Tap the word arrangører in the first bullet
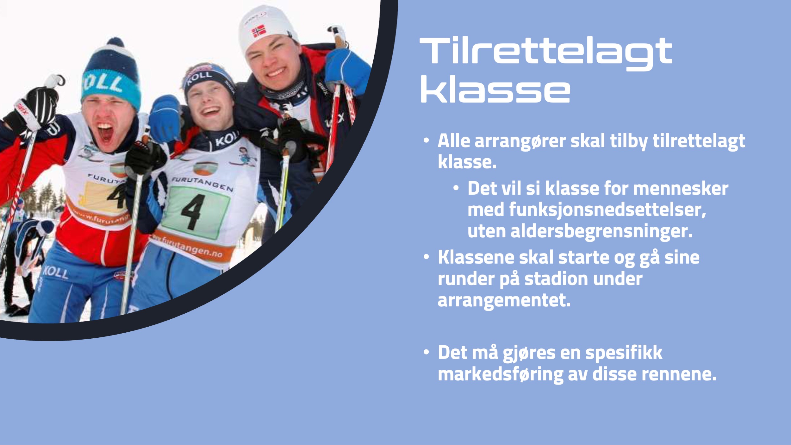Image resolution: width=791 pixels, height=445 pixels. point(520,141)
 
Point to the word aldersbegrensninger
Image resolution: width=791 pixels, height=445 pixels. point(601,232)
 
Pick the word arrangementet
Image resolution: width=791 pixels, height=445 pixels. point(504,300)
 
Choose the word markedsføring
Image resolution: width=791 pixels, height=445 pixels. point(500,374)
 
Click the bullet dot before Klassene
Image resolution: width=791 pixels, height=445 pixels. point(426,257)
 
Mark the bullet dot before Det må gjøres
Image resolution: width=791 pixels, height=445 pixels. point(426,352)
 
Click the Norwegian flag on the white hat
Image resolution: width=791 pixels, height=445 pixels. point(259,31)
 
